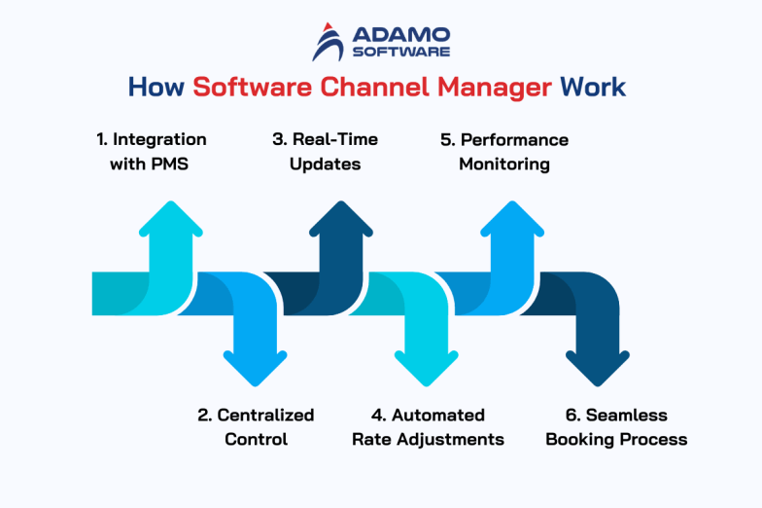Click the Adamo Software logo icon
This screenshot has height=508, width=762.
[x=328, y=42]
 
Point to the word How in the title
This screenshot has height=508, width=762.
[x=156, y=87]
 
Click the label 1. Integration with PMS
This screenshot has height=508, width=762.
[x=151, y=152]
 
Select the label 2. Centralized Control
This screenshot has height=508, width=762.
[x=256, y=427]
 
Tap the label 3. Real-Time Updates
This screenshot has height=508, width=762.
[x=325, y=152]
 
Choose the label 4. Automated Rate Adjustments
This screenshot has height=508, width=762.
[x=428, y=427]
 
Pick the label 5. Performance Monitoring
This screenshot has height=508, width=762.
[x=503, y=152]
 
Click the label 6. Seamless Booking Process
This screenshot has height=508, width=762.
[x=616, y=427]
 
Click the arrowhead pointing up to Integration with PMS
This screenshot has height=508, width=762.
[x=170, y=220]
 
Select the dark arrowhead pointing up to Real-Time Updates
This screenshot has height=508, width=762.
[x=341, y=220]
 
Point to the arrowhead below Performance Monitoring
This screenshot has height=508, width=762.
[x=511, y=220]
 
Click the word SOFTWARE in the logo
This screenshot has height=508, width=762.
[x=401, y=51]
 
